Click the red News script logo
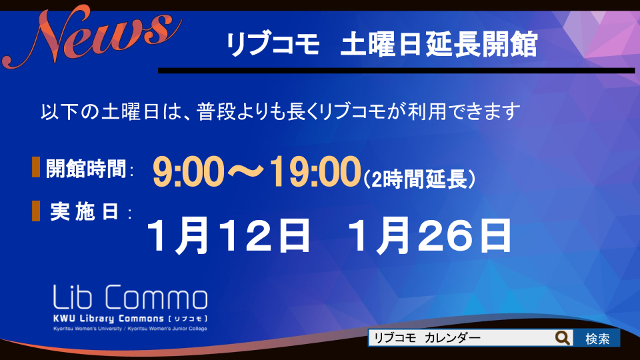92,37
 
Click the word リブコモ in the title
273,44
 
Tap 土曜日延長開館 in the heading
439,44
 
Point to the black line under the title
396,71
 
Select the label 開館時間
86,168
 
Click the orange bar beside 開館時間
36,167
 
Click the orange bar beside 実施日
36,211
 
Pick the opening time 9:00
189,172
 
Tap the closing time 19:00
315,172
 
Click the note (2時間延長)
419,179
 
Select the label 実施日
85,212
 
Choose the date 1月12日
229,235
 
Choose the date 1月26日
429,235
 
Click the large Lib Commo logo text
130,297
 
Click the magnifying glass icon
563,338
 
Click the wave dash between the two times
247,172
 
